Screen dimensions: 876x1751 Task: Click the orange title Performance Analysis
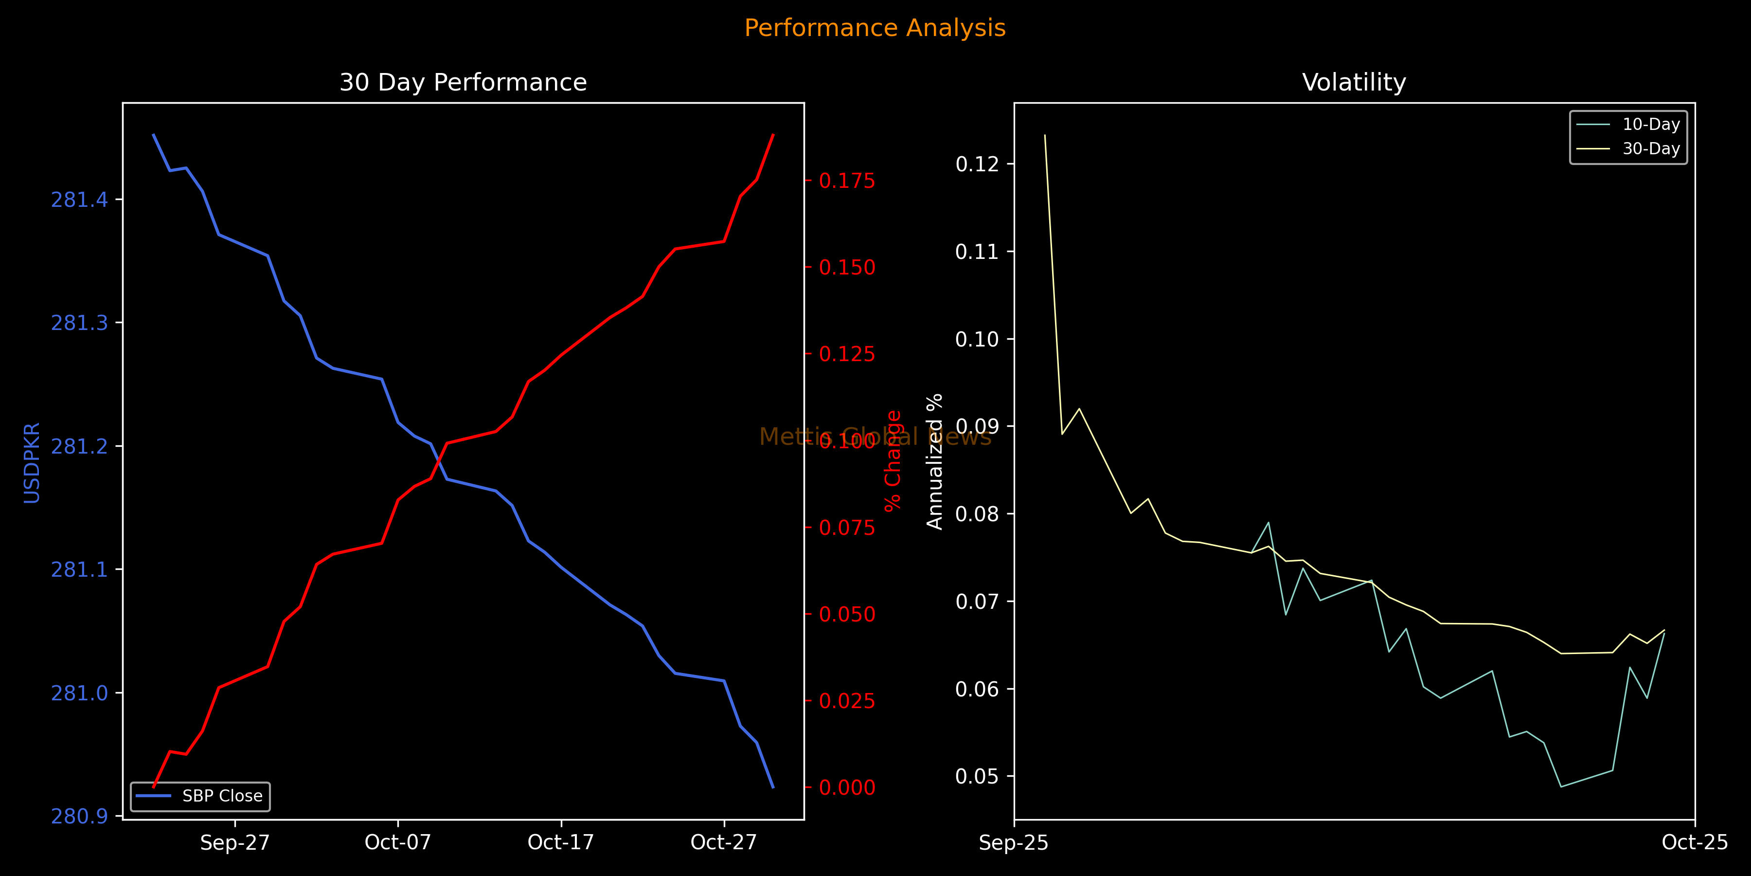pyautogui.click(x=875, y=28)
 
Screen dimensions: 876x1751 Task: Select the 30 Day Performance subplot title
pyautogui.click(x=463, y=82)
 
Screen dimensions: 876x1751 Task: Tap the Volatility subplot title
pyautogui.click(x=1353, y=82)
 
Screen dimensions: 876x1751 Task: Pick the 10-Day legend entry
pyautogui.click(x=1650, y=125)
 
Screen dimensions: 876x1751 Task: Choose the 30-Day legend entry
pyautogui.click(x=1650, y=148)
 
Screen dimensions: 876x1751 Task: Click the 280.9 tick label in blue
pyautogui.click(x=80, y=816)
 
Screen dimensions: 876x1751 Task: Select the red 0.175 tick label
pyautogui.click(x=847, y=181)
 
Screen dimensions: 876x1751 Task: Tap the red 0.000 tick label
pyautogui.click(x=847, y=787)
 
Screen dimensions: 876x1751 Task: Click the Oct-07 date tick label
pyautogui.click(x=398, y=843)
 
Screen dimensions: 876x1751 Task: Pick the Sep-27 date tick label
pyautogui.click(x=234, y=843)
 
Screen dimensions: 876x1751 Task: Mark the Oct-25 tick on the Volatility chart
pyautogui.click(x=1695, y=843)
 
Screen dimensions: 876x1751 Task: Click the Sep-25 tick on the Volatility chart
pyautogui.click(x=1014, y=843)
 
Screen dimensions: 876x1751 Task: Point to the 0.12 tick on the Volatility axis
pyautogui.click(x=976, y=164)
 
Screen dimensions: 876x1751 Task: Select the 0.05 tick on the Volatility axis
pyautogui.click(x=976, y=776)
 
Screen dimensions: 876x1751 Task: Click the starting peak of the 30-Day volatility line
pyautogui.click(x=1045, y=135)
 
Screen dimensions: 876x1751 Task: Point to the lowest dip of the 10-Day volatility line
pyautogui.click(x=1561, y=787)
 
